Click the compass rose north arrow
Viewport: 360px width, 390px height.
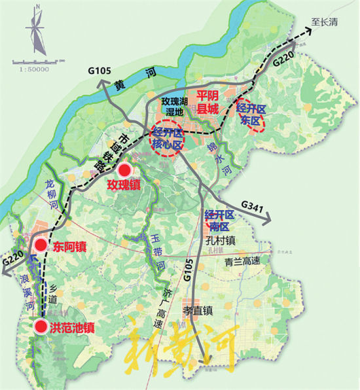point(35,29)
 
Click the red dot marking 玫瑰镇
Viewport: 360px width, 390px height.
point(124,169)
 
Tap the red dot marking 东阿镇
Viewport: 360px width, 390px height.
point(40,245)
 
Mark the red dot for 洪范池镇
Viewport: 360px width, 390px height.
point(41,327)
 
